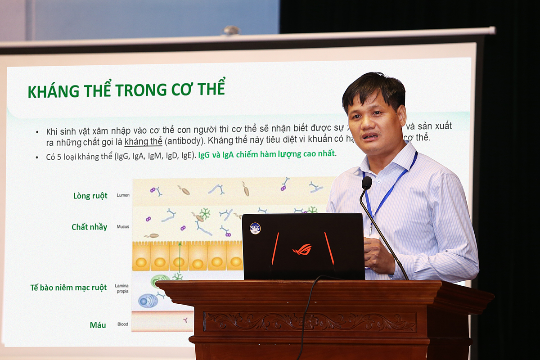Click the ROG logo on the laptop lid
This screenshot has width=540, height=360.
click(x=302, y=249)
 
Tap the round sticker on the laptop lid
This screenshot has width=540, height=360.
click(x=255, y=228)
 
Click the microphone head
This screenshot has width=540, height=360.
click(x=367, y=183)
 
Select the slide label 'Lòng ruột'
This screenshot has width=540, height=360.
click(x=90, y=196)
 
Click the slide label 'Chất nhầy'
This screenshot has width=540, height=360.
click(x=89, y=227)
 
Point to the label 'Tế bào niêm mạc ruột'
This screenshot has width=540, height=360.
click(x=68, y=288)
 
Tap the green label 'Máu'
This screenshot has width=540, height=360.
click(x=98, y=324)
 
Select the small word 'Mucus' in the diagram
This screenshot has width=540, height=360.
click(x=123, y=227)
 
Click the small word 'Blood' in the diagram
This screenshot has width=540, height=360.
click(x=122, y=324)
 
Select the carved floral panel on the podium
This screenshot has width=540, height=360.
click(x=310, y=321)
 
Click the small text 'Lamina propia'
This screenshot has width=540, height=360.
click(x=121, y=288)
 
